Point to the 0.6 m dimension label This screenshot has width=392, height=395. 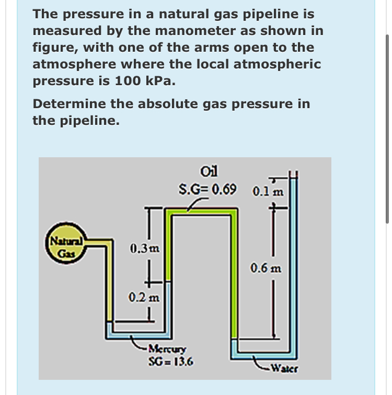(266, 269)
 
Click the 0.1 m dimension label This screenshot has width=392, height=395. (268, 191)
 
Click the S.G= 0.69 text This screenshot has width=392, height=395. (207, 188)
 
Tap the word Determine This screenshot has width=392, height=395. (69, 103)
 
